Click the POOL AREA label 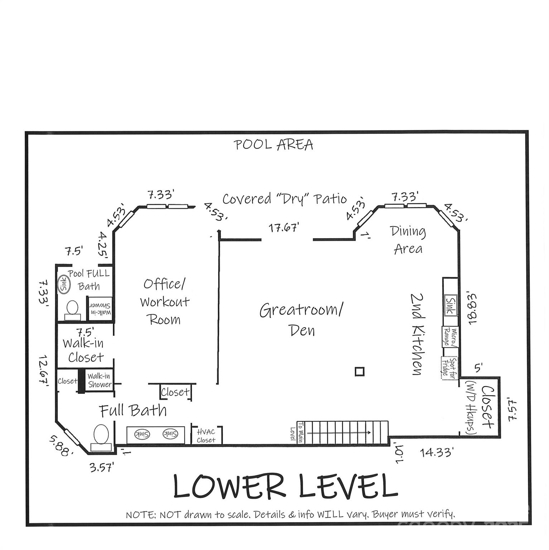tap(274, 145)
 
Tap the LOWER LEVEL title tap(285, 486)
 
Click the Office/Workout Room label tap(164, 301)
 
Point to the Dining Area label tap(408, 240)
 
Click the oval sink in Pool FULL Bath tap(64, 285)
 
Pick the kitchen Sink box tap(450, 305)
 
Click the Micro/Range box tap(450, 337)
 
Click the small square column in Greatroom tap(360, 371)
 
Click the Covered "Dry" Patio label tap(284, 199)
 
